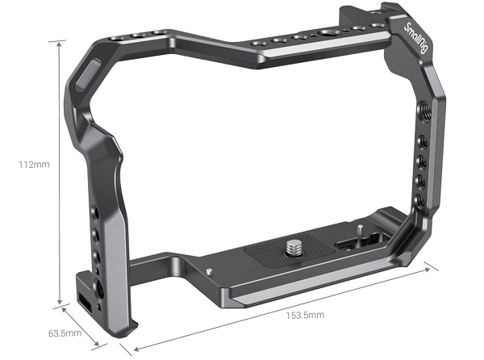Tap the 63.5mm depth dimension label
[x=65, y=333]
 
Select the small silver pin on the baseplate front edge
[x=208, y=271]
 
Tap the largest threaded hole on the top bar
[x=329, y=34]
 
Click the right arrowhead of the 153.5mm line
[x=438, y=268]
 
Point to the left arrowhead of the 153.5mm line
[x=121, y=349]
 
